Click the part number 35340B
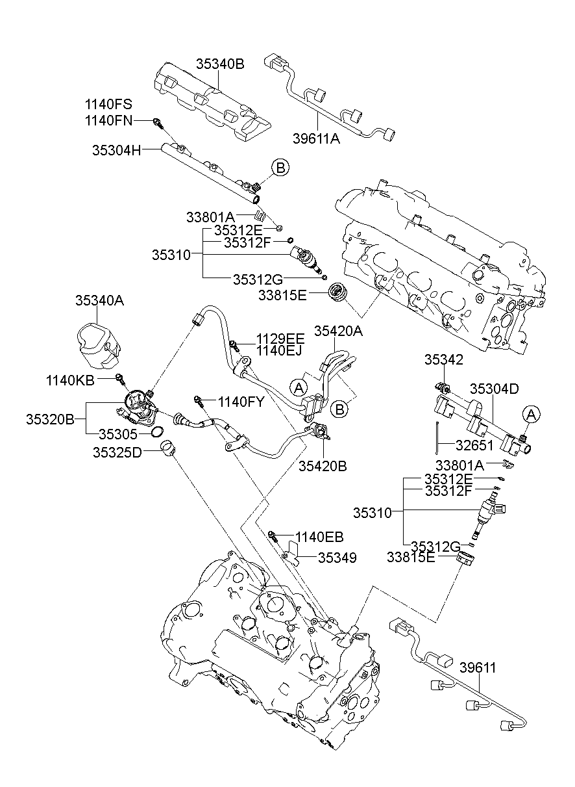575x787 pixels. click(x=220, y=64)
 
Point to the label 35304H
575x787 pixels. click(x=117, y=150)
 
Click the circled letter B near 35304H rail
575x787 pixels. click(x=280, y=168)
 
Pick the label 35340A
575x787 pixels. click(x=99, y=300)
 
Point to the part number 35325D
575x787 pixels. click(x=118, y=452)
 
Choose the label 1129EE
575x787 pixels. click(x=280, y=339)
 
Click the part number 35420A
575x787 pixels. click(x=338, y=331)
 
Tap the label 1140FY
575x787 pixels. click(x=241, y=402)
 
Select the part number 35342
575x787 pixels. click(x=444, y=359)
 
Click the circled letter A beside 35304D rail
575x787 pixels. click(x=531, y=413)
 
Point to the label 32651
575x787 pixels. click(x=475, y=446)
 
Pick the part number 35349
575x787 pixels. click(x=337, y=558)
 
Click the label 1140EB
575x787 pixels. click(x=319, y=537)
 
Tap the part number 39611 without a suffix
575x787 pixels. click(x=478, y=667)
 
